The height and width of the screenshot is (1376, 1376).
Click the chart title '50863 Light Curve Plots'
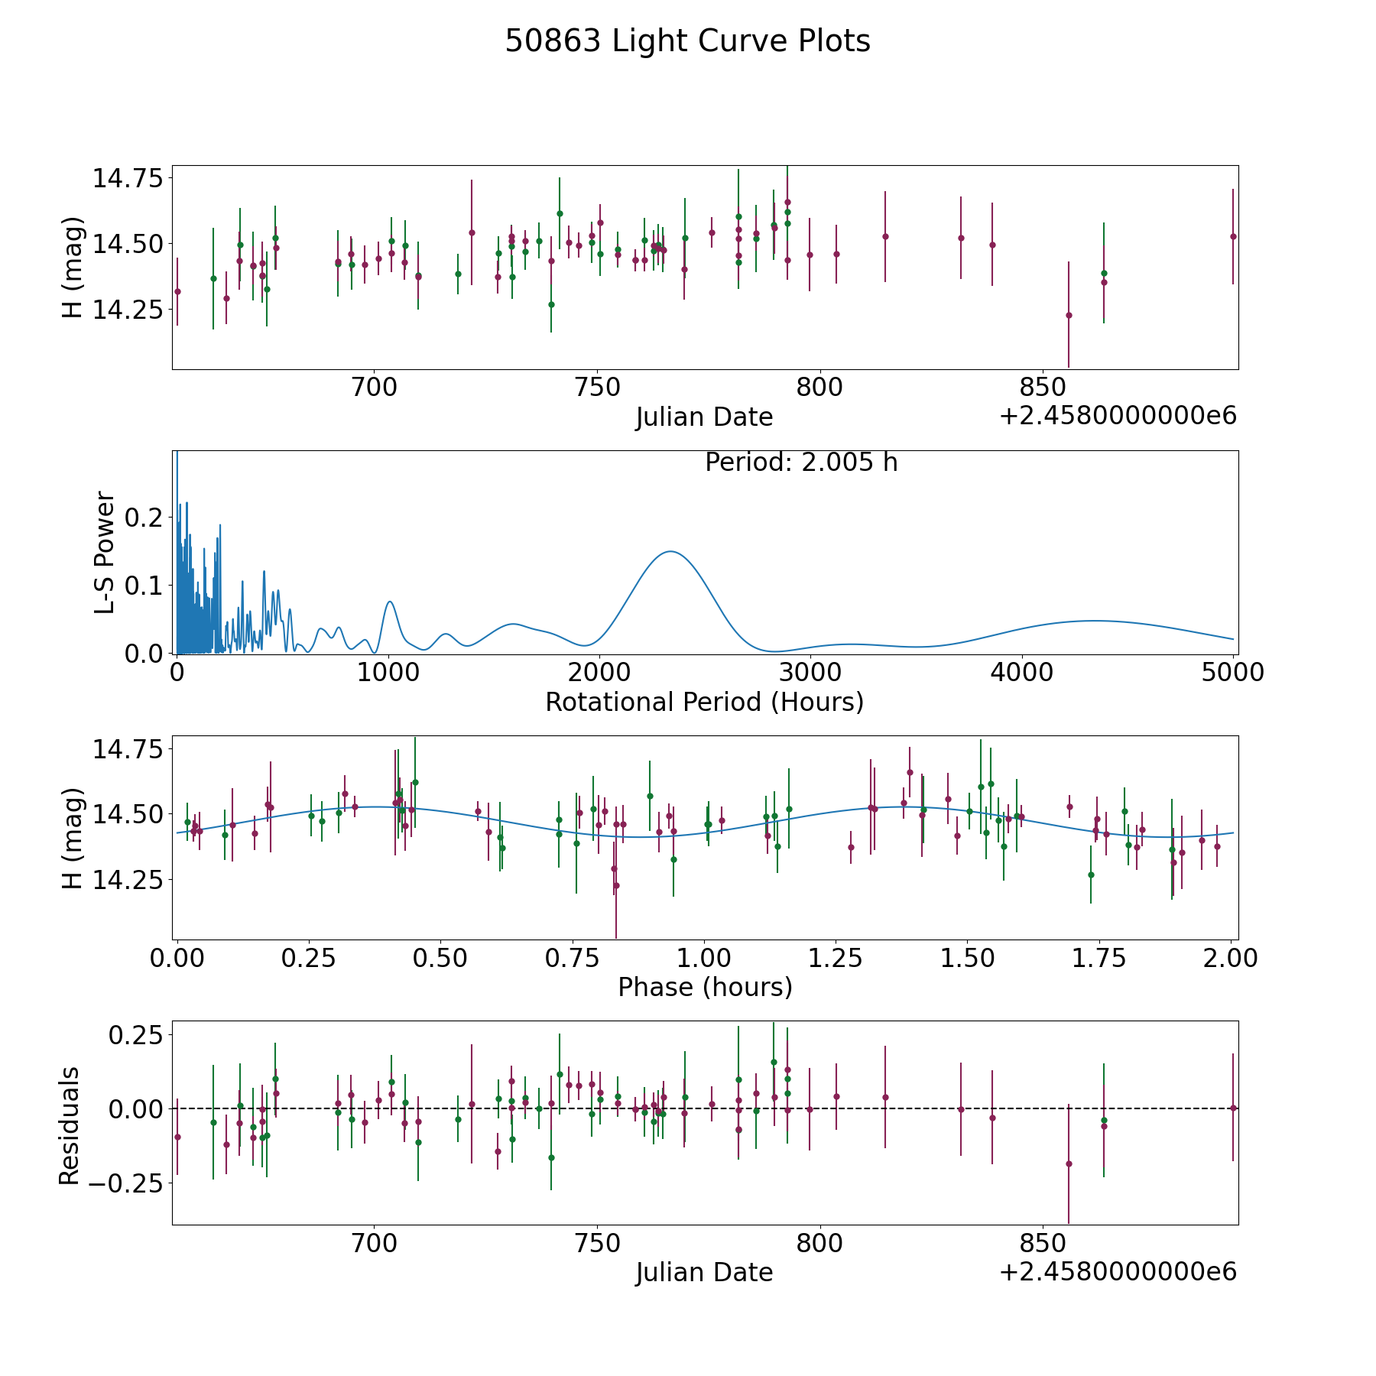coord(687,41)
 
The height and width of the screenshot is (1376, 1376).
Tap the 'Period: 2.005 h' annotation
coord(801,462)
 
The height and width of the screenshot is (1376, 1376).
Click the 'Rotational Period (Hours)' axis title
coord(704,702)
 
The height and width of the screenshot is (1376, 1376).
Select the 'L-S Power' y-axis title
coord(105,553)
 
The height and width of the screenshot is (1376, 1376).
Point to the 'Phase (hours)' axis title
coord(705,987)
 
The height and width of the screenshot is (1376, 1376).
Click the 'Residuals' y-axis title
coord(70,1125)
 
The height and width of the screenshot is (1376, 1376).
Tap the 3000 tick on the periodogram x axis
coord(810,672)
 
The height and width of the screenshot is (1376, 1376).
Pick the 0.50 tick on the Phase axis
coord(440,958)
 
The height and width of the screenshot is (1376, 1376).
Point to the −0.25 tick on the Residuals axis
coord(128,1183)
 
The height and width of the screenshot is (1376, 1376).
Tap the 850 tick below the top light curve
coord(1043,387)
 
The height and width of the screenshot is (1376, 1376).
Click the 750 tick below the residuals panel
coord(597,1243)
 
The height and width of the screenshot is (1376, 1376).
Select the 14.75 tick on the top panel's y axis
coord(128,179)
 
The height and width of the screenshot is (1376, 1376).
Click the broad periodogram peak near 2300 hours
coord(670,551)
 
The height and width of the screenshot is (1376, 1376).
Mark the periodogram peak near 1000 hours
coord(390,602)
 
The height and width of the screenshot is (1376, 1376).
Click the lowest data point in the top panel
coord(1069,315)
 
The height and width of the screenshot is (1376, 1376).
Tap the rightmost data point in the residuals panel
coord(1233,1108)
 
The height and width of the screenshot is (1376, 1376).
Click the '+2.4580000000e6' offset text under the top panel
coord(1118,416)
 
